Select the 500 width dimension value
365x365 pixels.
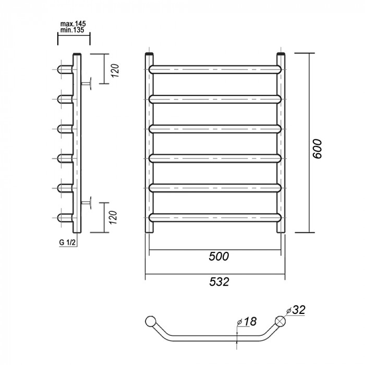tap(218, 257)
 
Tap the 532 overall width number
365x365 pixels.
tap(218, 282)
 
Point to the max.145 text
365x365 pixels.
tap(73, 23)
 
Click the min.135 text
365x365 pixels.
tap(72, 30)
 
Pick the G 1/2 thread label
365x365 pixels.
tap(67, 244)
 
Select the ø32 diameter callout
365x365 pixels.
tap(295, 310)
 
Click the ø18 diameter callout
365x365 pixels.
tap(248, 322)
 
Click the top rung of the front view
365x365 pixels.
tap(215, 68)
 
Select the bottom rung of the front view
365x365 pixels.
tap(215, 216)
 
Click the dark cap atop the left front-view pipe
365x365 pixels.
tap(150, 54)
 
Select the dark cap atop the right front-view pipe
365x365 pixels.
tap(281, 54)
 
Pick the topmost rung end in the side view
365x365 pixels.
tap(64, 68)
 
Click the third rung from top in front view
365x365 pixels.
tap(215, 127)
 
